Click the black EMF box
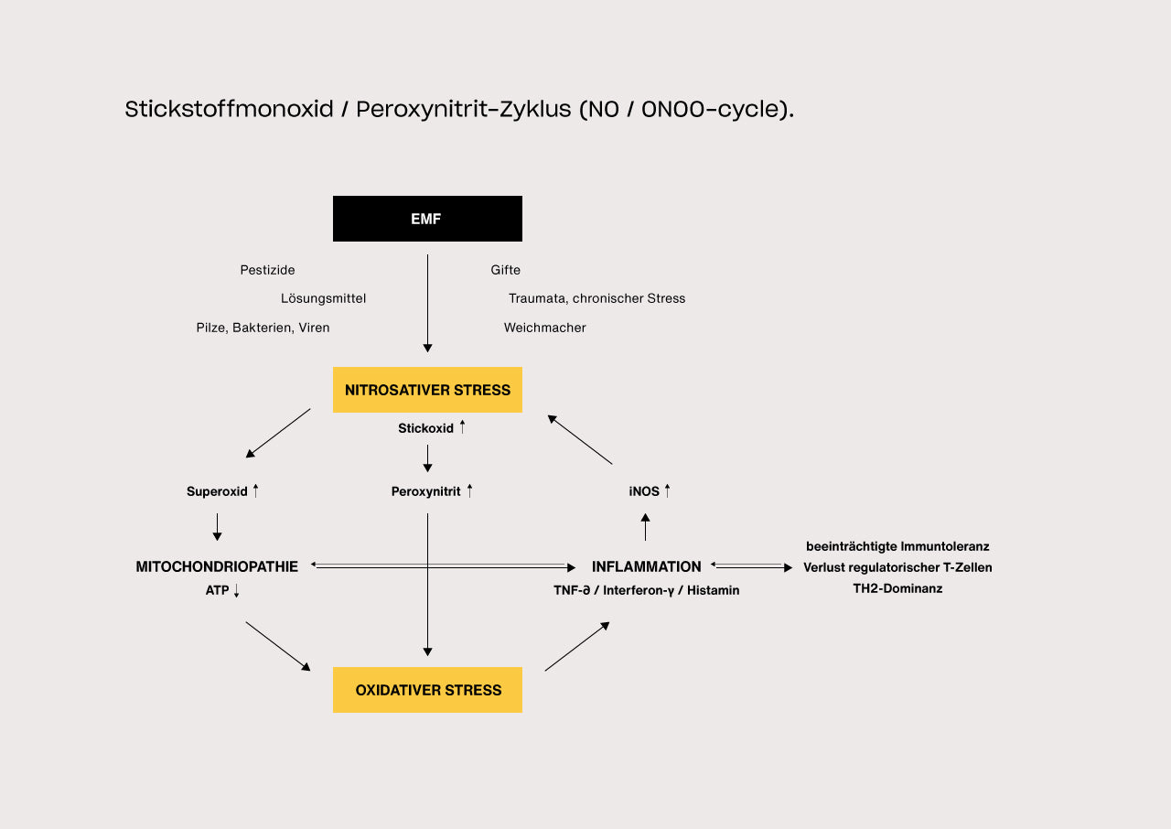(427, 219)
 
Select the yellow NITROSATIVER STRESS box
(427, 390)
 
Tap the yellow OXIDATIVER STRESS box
(427, 690)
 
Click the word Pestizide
(267, 270)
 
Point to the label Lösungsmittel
(323, 298)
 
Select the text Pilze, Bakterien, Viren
(263, 328)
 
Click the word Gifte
(505, 270)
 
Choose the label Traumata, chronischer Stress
(596, 298)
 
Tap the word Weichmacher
(544, 328)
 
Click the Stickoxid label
(426, 428)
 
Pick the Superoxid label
(218, 491)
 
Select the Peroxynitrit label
(426, 491)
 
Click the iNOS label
(644, 491)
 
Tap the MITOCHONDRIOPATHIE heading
(217, 566)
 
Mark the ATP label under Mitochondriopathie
(218, 591)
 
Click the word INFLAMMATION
(646, 566)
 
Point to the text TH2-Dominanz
(897, 588)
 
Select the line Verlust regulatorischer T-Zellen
(897, 567)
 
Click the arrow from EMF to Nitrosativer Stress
(427, 302)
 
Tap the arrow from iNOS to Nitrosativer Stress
(580, 439)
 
